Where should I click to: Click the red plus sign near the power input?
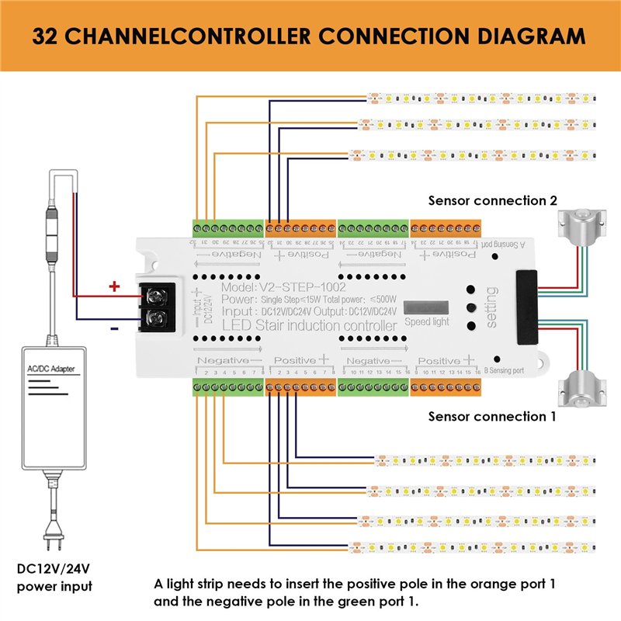114,286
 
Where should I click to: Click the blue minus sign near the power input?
114,328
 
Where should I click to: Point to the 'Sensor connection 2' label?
492,200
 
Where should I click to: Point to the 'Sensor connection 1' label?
492,416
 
